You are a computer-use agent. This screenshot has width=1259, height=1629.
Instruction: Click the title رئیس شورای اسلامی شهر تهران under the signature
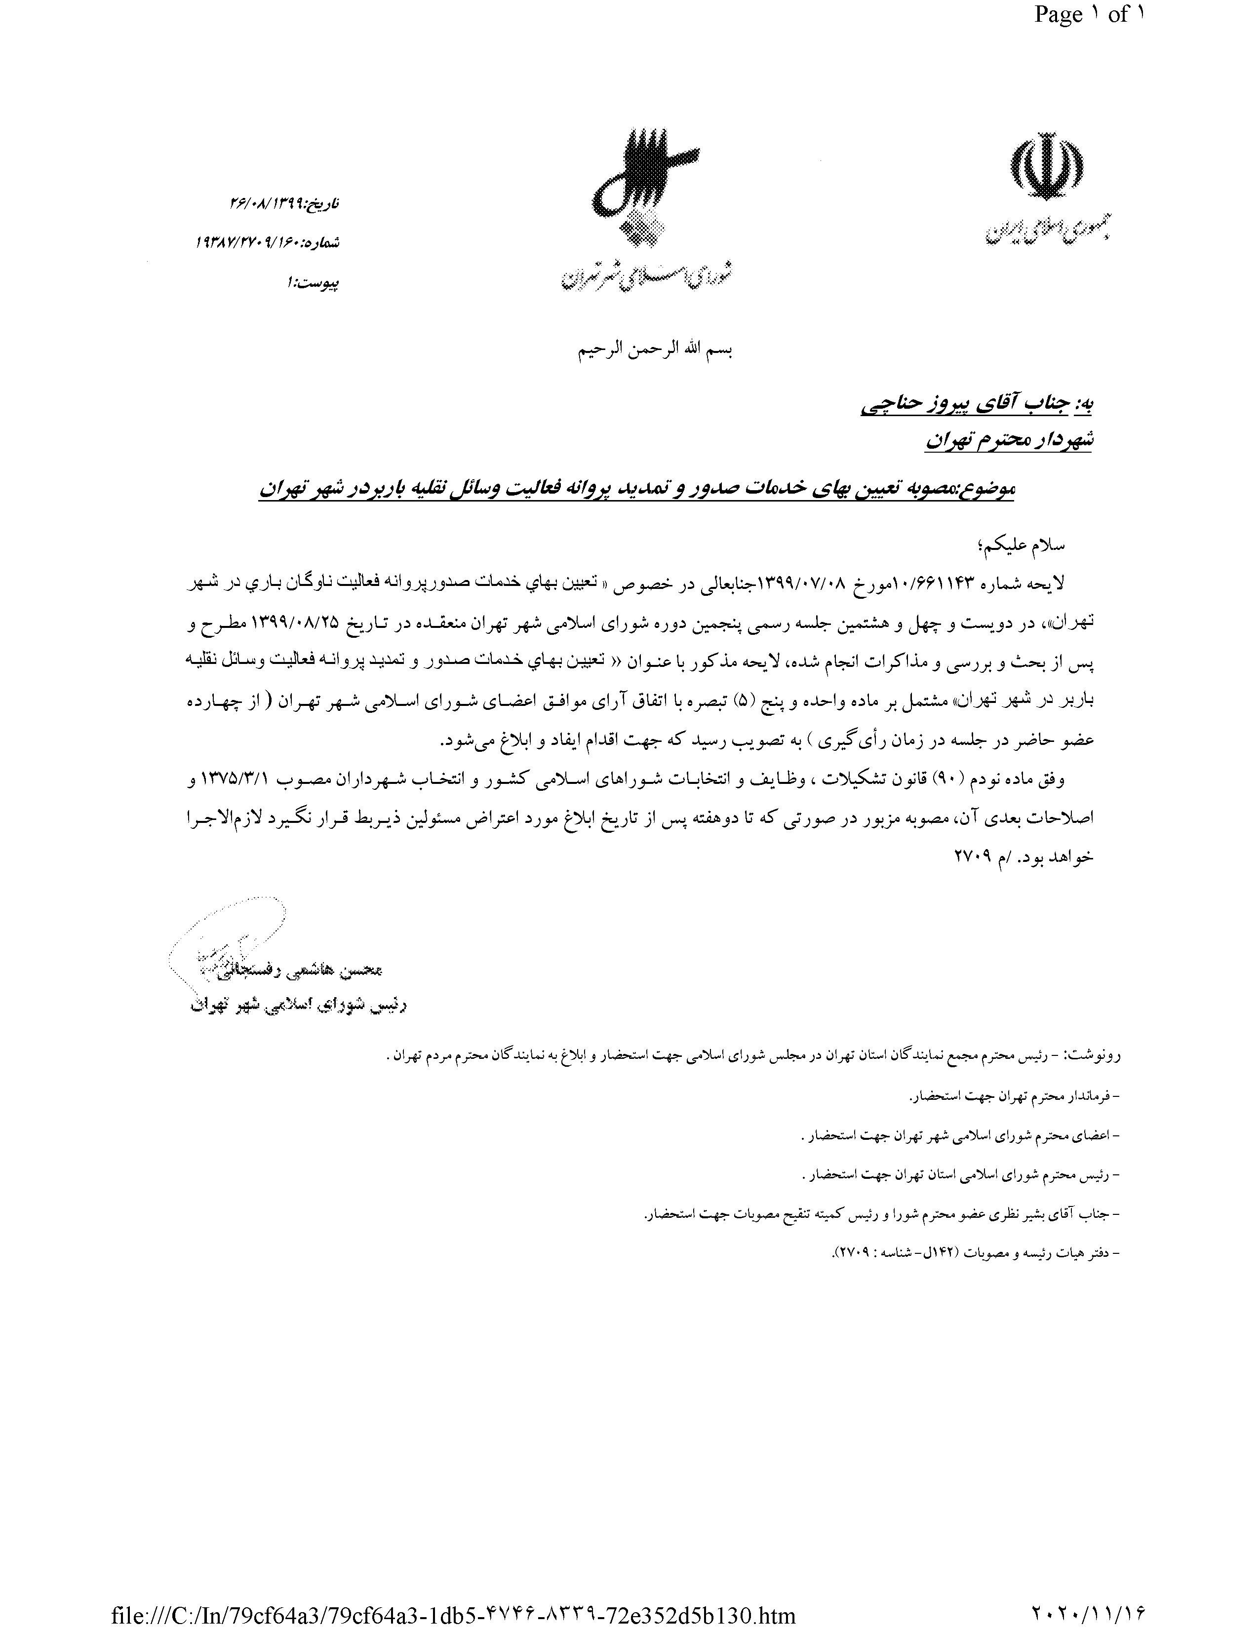[x=298, y=1006]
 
